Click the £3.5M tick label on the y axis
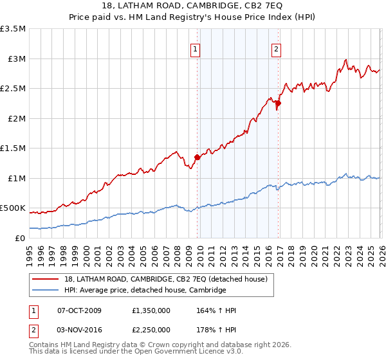click(x=13, y=29)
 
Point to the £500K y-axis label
click(x=13, y=208)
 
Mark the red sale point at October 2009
click(x=197, y=157)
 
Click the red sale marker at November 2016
click(x=278, y=103)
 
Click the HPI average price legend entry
click(x=145, y=290)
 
